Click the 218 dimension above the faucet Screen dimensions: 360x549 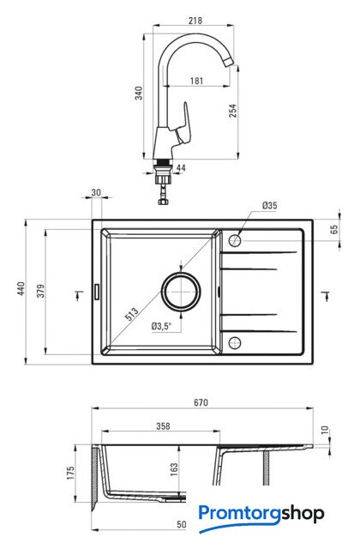pyautogui.click(x=195, y=21)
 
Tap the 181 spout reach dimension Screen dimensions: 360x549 pyautogui.click(x=196, y=81)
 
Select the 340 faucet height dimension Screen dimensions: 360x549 pyautogui.click(x=139, y=94)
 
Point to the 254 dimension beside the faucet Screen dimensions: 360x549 pyautogui.click(x=232, y=111)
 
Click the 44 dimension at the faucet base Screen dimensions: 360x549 pyautogui.click(x=181, y=168)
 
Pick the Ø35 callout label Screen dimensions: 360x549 pyautogui.click(x=270, y=206)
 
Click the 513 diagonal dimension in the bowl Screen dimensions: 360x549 pyautogui.click(x=132, y=314)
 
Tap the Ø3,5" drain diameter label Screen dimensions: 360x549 pyautogui.click(x=162, y=326)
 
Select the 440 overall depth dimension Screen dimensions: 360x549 pyautogui.click(x=21, y=288)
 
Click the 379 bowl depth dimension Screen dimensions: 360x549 pyautogui.click(x=41, y=291)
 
